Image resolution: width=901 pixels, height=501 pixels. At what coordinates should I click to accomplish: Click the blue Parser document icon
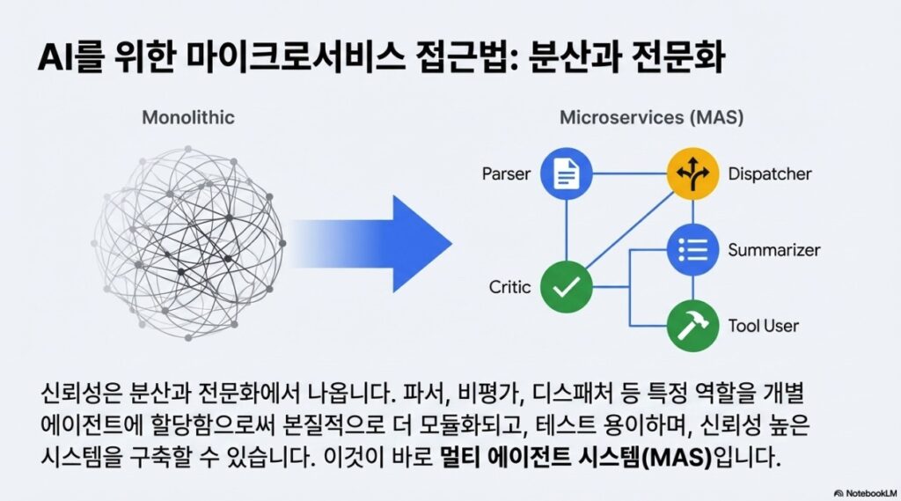coord(566,173)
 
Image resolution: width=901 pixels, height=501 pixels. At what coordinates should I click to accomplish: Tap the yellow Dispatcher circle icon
coord(692,173)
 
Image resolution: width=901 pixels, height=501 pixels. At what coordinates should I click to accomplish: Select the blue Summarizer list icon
coord(692,250)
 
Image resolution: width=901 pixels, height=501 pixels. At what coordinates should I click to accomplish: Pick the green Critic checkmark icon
coord(566,286)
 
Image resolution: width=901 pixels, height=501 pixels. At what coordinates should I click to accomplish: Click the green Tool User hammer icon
coord(692,326)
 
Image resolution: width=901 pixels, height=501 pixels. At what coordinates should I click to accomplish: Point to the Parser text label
coord(506,173)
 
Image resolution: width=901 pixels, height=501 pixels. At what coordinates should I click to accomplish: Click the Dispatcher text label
coord(769,173)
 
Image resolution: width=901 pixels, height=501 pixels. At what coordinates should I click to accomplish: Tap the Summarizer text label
coord(774,250)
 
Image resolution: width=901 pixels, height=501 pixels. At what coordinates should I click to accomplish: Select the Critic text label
coord(509,286)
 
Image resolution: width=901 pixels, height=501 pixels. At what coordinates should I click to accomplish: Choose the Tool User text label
coord(763,326)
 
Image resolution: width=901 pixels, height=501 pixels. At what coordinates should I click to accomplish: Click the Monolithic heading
coord(188,117)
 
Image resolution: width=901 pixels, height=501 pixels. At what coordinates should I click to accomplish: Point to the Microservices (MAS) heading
coord(652,117)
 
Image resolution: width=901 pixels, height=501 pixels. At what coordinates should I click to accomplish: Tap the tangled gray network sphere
coord(188,243)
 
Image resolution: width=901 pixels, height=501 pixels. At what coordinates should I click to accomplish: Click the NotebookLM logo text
coord(866,493)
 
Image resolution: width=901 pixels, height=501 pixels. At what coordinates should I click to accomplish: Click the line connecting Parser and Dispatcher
coord(629,173)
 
